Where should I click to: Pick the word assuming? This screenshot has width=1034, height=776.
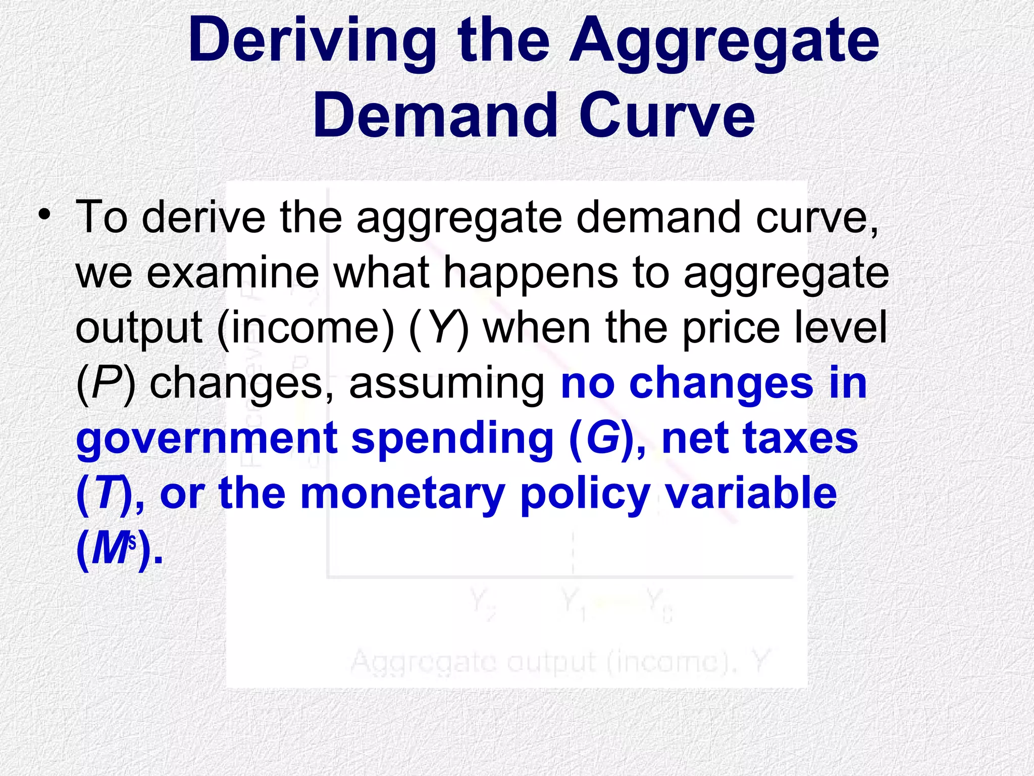click(x=446, y=384)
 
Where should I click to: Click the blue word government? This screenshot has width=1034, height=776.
click(x=207, y=439)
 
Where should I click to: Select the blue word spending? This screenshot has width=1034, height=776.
click(x=452, y=439)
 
